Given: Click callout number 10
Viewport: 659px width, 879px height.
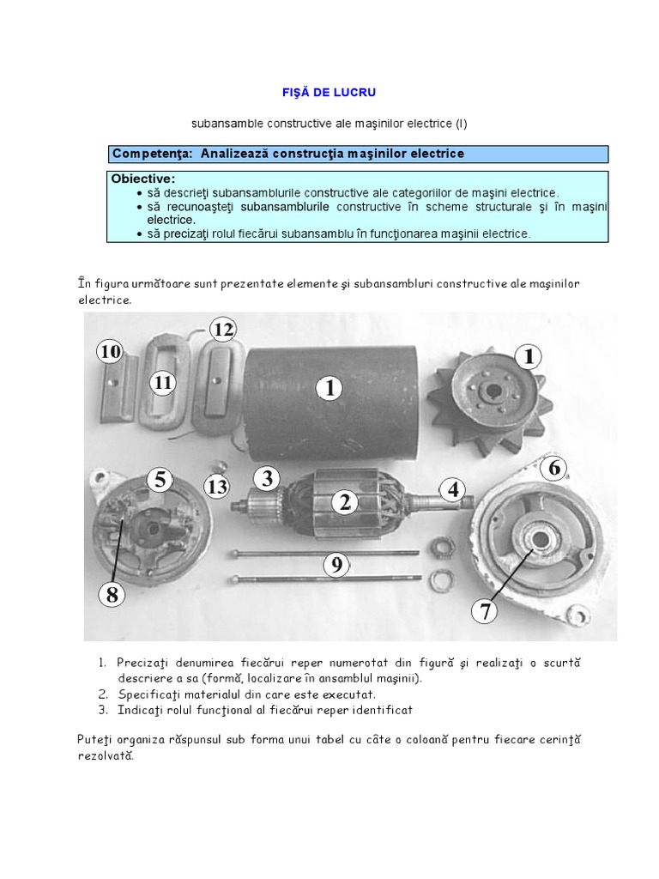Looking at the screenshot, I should pos(109,351).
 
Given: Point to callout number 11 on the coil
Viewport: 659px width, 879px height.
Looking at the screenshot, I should pos(164,382).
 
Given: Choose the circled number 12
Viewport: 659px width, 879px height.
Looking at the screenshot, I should pos(223,330).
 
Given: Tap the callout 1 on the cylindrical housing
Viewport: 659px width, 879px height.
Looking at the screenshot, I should pos(329,388).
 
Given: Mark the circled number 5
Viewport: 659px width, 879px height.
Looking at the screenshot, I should pos(160,480).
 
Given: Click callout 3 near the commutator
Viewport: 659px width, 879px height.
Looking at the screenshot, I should pos(268,477).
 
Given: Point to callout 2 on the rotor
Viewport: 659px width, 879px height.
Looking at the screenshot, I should pos(345,502).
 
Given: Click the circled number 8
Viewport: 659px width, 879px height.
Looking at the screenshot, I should pos(112,593).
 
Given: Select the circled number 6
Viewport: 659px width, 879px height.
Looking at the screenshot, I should pos(554,467).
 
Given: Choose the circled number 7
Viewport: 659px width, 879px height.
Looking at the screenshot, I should pos(485,610).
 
